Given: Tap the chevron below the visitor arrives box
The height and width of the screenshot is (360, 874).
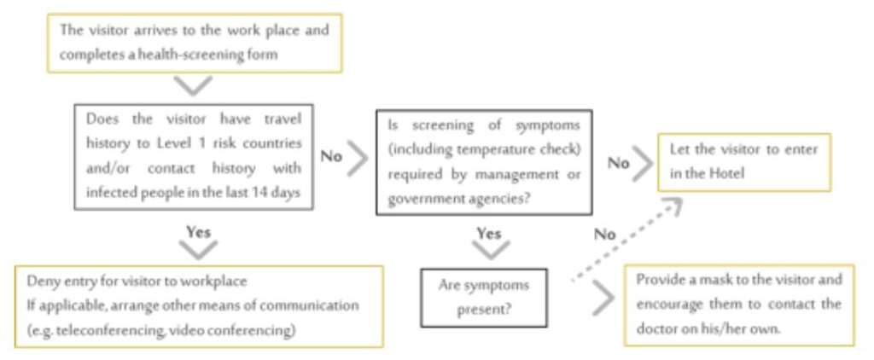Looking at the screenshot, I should pos(194,85).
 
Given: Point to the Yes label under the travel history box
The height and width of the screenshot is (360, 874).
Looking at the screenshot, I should pos(197,231).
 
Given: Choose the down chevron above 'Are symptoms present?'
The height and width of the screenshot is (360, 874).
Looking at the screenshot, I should pos(490,250).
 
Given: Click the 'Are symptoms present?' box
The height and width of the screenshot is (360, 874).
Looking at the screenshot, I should pos(483,297).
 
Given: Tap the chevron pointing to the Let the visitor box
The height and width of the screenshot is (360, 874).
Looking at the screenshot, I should pos(643,162).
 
